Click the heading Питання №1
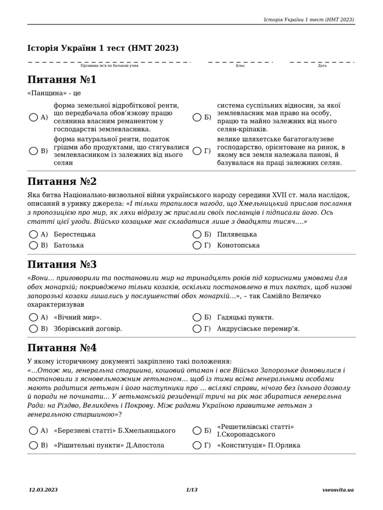point(62,80)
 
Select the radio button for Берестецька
point(33,234)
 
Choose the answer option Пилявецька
point(237,234)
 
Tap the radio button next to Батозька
point(33,245)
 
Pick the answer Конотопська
point(238,245)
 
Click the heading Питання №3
point(62,264)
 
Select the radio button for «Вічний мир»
point(33,317)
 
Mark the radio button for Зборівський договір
point(33,328)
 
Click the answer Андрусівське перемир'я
point(258,328)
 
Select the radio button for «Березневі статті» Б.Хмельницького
point(33,430)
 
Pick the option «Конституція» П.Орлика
point(258,445)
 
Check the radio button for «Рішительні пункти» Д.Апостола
point(33,445)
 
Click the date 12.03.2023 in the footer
point(43,490)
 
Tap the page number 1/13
point(191,490)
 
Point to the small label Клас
point(240,66)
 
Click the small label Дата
point(322,66)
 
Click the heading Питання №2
point(62,181)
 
